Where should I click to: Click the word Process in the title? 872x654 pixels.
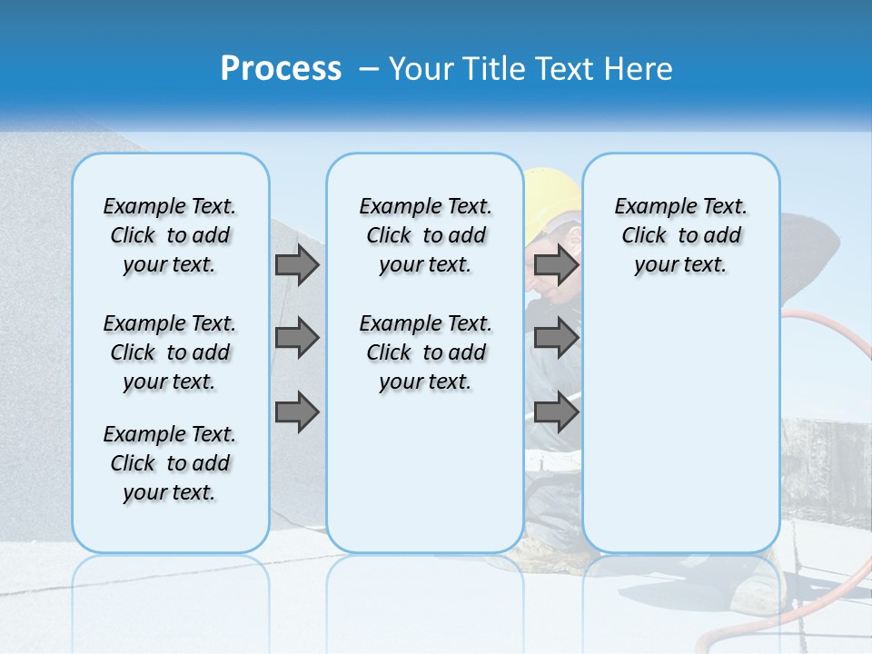(x=281, y=69)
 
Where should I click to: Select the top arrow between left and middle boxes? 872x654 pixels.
(x=297, y=264)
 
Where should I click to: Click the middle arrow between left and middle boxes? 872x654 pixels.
(x=297, y=338)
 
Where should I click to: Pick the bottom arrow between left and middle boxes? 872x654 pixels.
(x=297, y=412)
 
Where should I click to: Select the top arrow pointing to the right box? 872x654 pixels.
(x=556, y=264)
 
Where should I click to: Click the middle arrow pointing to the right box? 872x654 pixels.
(x=556, y=338)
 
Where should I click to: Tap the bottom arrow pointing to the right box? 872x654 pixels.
(x=556, y=412)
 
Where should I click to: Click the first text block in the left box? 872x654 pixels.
(x=170, y=235)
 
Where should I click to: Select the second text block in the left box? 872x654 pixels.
(x=170, y=352)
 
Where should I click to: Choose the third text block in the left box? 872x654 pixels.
(x=170, y=463)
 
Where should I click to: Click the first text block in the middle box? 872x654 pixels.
(x=425, y=235)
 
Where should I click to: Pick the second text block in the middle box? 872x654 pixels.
(x=425, y=352)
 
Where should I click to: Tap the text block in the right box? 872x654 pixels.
(x=680, y=235)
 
